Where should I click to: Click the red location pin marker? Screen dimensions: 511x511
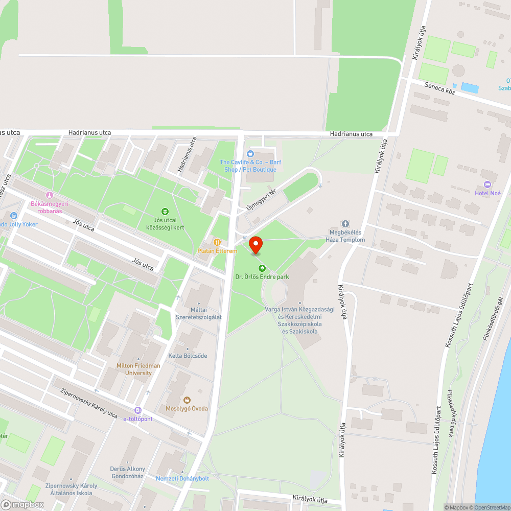pyautogui.click(x=255, y=245)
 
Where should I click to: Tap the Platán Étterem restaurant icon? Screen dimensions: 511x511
pyautogui.click(x=217, y=242)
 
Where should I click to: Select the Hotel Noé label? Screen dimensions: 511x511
pyautogui.click(x=487, y=193)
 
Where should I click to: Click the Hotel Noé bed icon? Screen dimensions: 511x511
pyautogui.click(x=486, y=184)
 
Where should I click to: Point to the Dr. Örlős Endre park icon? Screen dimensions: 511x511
pyautogui.click(x=262, y=268)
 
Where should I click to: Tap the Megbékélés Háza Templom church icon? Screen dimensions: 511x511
pyautogui.click(x=345, y=224)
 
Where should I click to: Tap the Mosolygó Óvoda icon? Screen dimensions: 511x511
pyautogui.click(x=187, y=400)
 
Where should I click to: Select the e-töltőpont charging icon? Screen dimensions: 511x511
pyautogui.click(x=137, y=410)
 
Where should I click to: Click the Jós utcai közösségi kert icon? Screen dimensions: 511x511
pyautogui.click(x=165, y=211)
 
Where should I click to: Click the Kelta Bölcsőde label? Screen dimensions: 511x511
pyautogui.click(x=188, y=356)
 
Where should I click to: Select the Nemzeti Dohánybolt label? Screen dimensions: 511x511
pyautogui.click(x=182, y=478)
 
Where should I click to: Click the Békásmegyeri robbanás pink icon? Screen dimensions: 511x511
pyautogui.click(x=50, y=195)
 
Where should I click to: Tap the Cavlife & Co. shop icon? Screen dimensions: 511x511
pyautogui.click(x=250, y=154)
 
